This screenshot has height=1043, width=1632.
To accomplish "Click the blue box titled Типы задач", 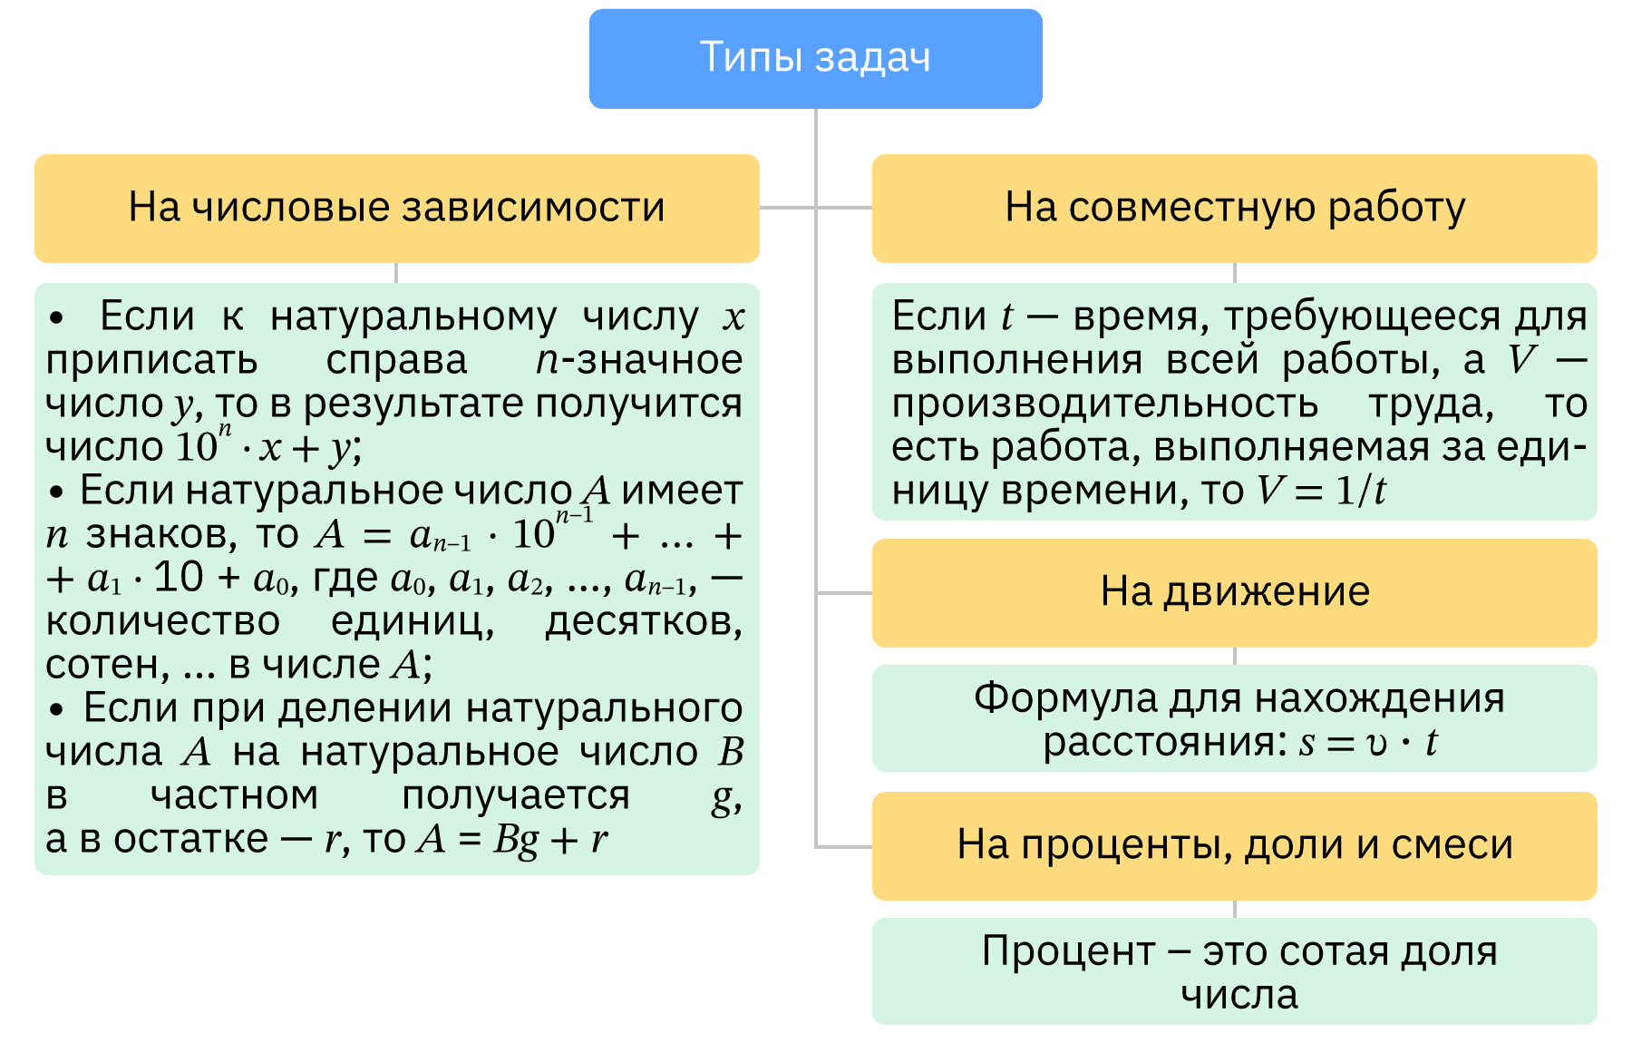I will point(815,58).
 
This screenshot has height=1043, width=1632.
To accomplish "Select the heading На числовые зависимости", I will point(396,208).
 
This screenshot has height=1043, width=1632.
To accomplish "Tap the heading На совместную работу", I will point(1234,208).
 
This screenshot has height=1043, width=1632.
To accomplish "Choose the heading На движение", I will point(1234,592).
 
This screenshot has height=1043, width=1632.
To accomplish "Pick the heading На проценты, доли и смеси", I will point(1234,845).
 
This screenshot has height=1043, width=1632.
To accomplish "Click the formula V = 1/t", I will point(1321,491).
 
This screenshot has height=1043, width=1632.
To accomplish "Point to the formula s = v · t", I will point(1367,743).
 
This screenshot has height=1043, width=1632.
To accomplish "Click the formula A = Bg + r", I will point(512,840).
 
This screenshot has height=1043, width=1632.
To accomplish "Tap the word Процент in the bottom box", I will point(1068,951).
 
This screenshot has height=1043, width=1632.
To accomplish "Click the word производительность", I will point(1104,404).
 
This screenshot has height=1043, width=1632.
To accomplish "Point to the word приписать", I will point(151,361).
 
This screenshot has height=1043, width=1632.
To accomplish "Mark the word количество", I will point(162,622).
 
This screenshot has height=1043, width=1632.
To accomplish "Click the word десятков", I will point(643,622).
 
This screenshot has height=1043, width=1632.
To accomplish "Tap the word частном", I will point(234,796).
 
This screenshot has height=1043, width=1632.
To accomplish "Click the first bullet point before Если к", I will point(57,318).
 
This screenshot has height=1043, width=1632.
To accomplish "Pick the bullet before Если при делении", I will point(57,709).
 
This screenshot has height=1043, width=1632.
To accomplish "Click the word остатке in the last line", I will point(190,840).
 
